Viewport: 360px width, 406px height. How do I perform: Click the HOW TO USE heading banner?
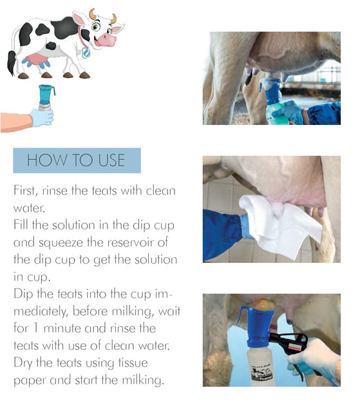77,160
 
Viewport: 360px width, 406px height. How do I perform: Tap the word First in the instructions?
26,191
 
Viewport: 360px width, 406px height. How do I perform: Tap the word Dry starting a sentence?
25,363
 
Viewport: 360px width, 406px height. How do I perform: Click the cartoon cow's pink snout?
106,39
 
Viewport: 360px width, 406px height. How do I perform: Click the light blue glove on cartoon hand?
42,117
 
